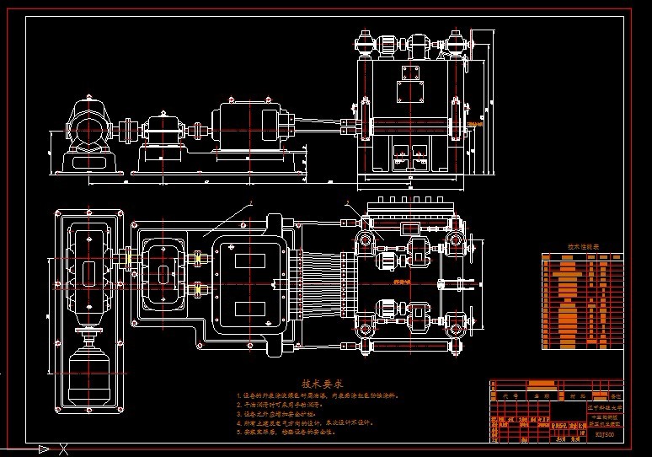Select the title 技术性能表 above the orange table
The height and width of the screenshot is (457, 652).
[583, 247]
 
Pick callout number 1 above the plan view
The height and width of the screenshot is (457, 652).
[250, 203]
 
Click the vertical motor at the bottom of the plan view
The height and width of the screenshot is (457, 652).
[88, 357]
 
